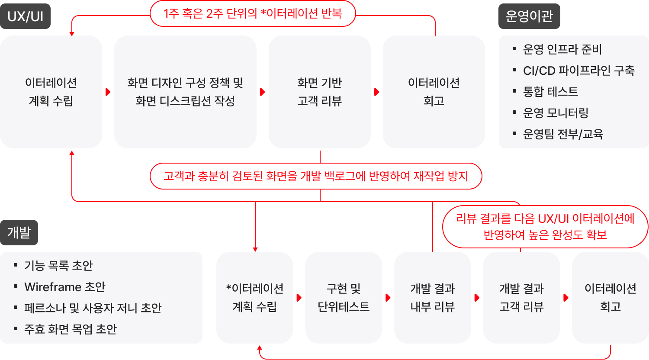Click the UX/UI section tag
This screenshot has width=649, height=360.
click(x=25, y=16)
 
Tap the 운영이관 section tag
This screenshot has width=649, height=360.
click(x=529, y=16)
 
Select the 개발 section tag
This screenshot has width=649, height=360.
click(x=19, y=233)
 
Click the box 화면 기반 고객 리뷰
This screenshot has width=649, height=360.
click(x=319, y=92)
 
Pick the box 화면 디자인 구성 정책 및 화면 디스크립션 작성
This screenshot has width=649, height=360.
click(x=185, y=92)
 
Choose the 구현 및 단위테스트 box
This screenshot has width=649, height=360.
click(x=344, y=298)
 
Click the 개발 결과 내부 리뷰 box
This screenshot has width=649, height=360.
click(x=433, y=298)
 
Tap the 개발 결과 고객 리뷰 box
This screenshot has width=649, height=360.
click(x=521, y=298)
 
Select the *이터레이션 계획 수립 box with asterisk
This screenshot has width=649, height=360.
click(x=255, y=298)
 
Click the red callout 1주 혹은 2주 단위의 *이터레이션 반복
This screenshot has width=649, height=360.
click(x=253, y=13)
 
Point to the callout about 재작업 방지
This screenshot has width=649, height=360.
click(x=316, y=176)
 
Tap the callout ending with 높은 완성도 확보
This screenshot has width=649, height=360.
click(x=545, y=227)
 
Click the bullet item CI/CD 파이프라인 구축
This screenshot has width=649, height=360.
click(x=578, y=71)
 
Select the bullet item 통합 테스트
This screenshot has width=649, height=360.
click(x=550, y=92)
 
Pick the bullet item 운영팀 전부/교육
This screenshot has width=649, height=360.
click(x=563, y=134)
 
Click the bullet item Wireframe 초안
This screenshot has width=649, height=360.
click(x=65, y=287)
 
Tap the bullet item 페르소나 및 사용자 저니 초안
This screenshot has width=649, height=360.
click(x=93, y=308)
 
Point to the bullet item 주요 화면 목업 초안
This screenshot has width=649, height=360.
click(x=71, y=329)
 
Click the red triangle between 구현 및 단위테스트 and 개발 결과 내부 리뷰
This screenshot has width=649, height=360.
click(x=388, y=298)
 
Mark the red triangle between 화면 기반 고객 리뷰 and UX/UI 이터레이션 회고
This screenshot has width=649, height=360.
click(x=377, y=92)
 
